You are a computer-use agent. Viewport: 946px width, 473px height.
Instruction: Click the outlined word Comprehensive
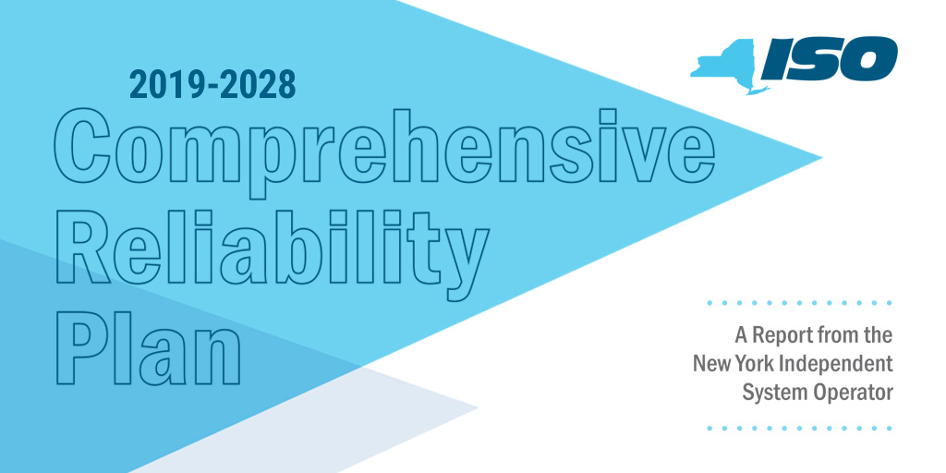[x=384, y=151]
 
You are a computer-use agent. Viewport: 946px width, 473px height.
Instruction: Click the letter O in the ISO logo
[x=867, y=58]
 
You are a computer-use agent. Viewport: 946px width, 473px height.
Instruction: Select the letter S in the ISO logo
[x=817, y=58]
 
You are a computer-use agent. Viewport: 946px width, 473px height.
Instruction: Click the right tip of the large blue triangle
[x=821, y=158]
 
